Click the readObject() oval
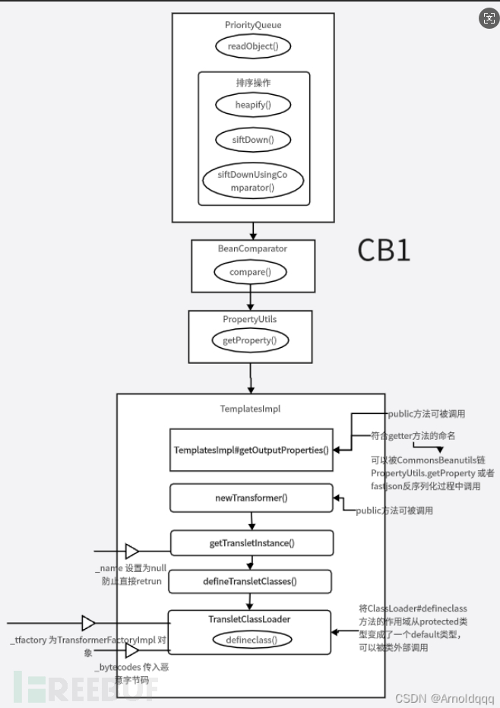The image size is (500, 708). tap(253, 46)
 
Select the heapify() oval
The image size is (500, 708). tap(253, 104)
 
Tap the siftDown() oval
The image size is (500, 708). tap(253, 140)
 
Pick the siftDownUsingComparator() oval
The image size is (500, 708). tap(253, 180)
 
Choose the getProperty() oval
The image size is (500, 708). tap(250, 340)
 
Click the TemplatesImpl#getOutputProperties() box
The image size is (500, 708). tap(251, 450)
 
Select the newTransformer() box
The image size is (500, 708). tap(251, 499)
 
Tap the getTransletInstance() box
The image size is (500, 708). tap(252, 542)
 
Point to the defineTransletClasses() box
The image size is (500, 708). tap(250, 582)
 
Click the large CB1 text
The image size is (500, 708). tap(384, 250)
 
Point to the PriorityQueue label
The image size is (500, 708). tap(253, 25)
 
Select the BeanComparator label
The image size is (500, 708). tap(252, 248)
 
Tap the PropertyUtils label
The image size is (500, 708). tap(250, 319)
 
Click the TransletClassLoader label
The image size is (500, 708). tap(249, 619)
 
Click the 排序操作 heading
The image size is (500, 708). tap(253, 83)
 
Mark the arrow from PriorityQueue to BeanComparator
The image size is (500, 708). tap(253, 229)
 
